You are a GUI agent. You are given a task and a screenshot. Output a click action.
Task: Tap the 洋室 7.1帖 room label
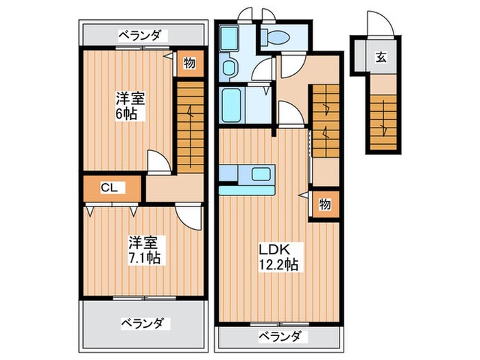tap(143, 250)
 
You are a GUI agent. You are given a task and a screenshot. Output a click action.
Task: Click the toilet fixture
tap(280, 38)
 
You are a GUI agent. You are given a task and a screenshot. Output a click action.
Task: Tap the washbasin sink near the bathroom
tap(230, 67)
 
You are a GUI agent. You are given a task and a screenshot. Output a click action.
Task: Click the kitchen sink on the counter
tap(260, 173)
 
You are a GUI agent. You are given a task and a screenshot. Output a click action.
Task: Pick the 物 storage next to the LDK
tap(325, 205)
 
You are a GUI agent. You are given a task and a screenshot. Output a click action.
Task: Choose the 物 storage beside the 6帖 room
tap(189, 64)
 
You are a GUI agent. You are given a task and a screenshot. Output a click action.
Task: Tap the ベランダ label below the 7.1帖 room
tap(143, 322)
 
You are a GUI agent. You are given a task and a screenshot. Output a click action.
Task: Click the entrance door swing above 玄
tap(377, 26)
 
